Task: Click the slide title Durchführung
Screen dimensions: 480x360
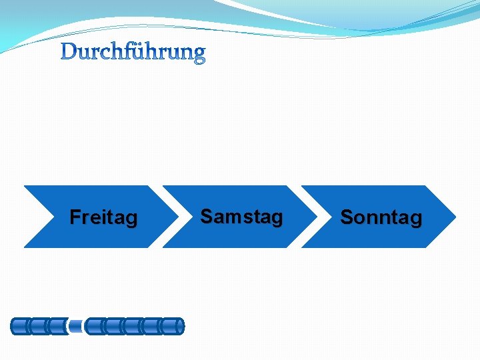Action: pyautogui.click(x=133, y=52)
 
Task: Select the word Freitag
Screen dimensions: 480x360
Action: pyautogui.click(x=103, y=217)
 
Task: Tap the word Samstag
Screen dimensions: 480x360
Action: pyautogui.click(x=241, y=217)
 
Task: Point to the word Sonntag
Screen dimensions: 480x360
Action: pyautogui.click(x=381, y=217)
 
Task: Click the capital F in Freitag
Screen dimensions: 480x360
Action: pyautogui.click(x=75, y=217)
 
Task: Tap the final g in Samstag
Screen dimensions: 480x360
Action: pyautogui.click(x=277, y=219)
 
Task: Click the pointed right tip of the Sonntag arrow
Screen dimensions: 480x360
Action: pyautogui.click(x=455, y=217)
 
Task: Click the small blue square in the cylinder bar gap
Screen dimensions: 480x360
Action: pyautogui.click(x=77, y=327)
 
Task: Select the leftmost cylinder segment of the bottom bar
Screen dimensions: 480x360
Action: pyautogui.click(x=20, y=327)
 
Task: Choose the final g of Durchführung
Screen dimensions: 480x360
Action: pyautogui.click(x=199, y=55)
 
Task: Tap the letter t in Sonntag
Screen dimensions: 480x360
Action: pyautogui.click(x=393, y=217)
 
